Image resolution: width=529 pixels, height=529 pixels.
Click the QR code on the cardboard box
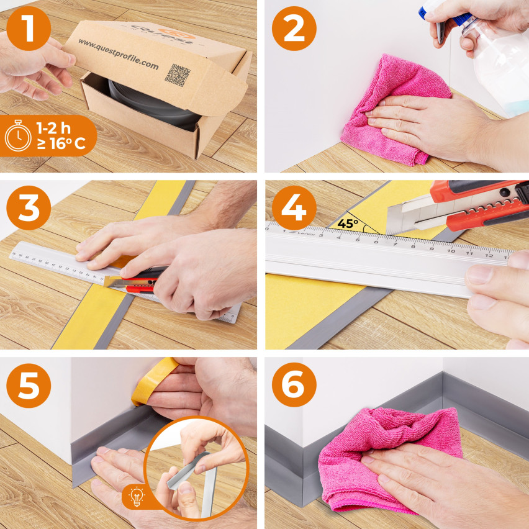[x=178, y=74]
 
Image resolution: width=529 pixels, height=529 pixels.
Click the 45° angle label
[x=349, y=223]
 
